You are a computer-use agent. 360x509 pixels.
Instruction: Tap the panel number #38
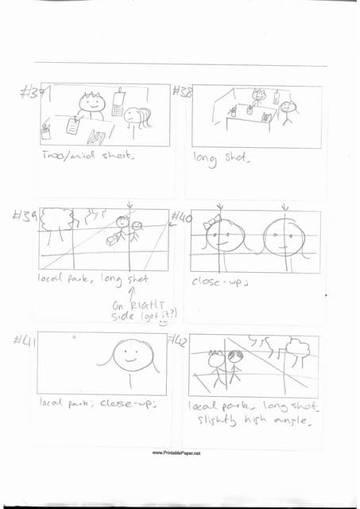[182, 92]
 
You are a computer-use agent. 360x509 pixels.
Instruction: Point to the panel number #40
[180, 217]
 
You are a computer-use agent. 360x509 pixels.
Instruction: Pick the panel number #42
[180, 340]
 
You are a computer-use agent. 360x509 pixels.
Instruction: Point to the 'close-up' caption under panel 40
[217, 281]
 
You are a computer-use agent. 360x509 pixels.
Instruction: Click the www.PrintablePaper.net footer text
[176, 453]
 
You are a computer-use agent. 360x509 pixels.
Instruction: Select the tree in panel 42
[298, 348]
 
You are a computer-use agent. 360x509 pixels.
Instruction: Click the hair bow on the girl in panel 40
[214, 223]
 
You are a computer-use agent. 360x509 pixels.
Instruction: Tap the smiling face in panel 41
[130, 356]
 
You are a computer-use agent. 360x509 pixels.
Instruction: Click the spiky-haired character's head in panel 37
[92, 102]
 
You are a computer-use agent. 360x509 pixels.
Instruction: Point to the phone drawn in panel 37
[118, 103]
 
